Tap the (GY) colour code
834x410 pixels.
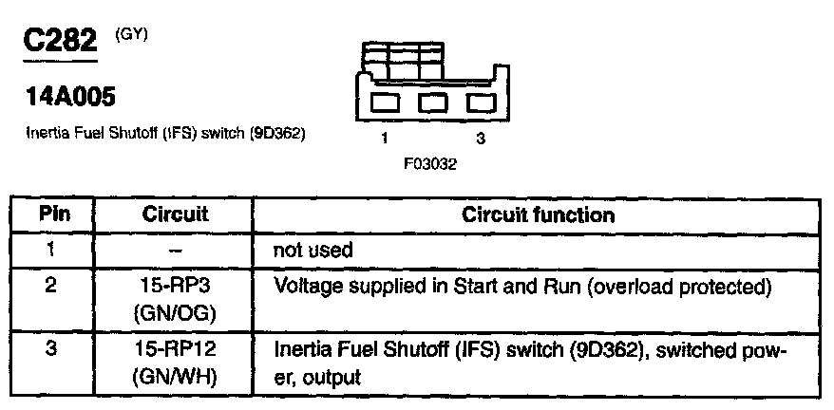(x=131, y=35)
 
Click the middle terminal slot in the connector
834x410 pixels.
(x=431, y=102)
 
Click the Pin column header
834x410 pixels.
(x=52, y=214)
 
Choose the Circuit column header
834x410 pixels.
(x=175, y=214)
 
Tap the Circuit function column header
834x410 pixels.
(x=538, y=214)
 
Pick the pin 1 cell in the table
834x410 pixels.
(x=52, y=250)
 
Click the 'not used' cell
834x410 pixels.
(x=313, y=251)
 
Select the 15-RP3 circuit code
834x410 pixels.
(x=175, y=286)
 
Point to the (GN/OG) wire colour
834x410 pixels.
(x=175, y=312)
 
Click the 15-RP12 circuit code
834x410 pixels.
(x=175, y=349)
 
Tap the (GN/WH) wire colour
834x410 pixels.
(x=175, y=376)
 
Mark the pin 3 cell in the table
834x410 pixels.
(x=52, y=349)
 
